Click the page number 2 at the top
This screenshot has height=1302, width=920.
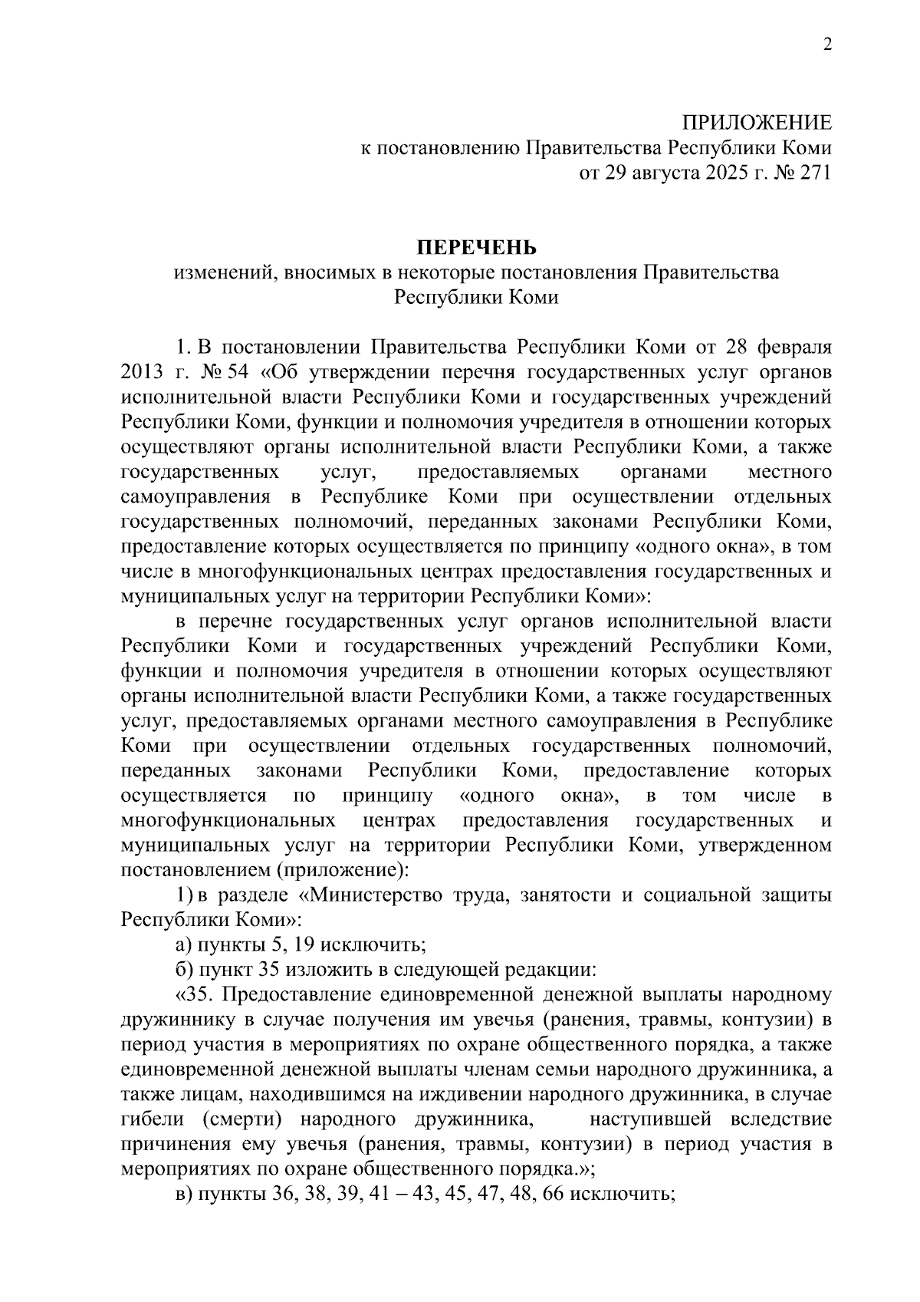[827, 45]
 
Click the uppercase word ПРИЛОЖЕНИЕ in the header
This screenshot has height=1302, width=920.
[757, 124]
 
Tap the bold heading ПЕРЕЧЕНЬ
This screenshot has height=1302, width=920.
[476, 248]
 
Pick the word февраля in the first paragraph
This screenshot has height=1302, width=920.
[794, 348]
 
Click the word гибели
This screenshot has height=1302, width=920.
[152, 1119]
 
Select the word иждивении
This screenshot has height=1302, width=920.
[462, 1094]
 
